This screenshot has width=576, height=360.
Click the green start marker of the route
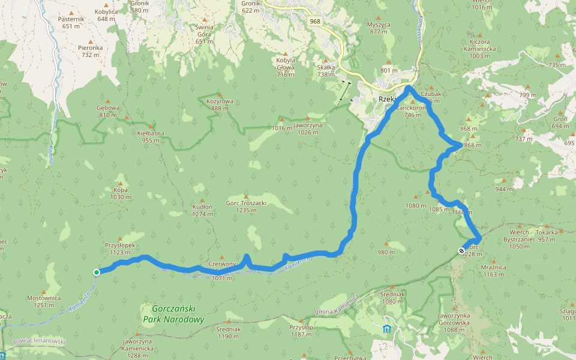[97, 272]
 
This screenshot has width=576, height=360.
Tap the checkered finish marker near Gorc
[461, 251]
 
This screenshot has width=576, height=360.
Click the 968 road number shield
[314, 21]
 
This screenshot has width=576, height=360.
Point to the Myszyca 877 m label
[379, 28]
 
